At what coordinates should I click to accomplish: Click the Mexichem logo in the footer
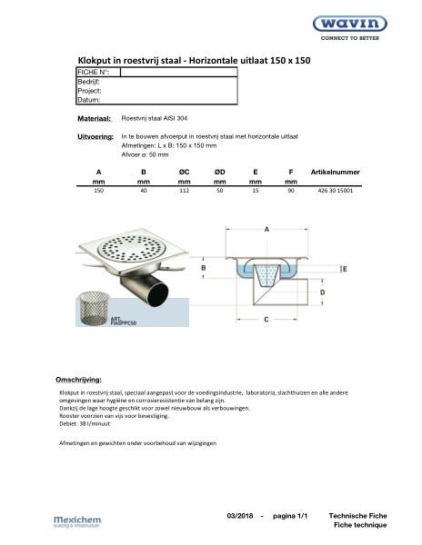coord(78,520)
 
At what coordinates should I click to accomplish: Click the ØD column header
coord(219,171)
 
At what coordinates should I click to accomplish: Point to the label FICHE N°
coord(92,72)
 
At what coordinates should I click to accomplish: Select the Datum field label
coord(89,100)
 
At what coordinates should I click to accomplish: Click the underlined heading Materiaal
coord(95,119)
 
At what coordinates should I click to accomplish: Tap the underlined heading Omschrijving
coord(79,378)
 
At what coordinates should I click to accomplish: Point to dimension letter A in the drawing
coord(266,232)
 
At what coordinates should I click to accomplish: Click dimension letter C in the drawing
coord(264,320)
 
